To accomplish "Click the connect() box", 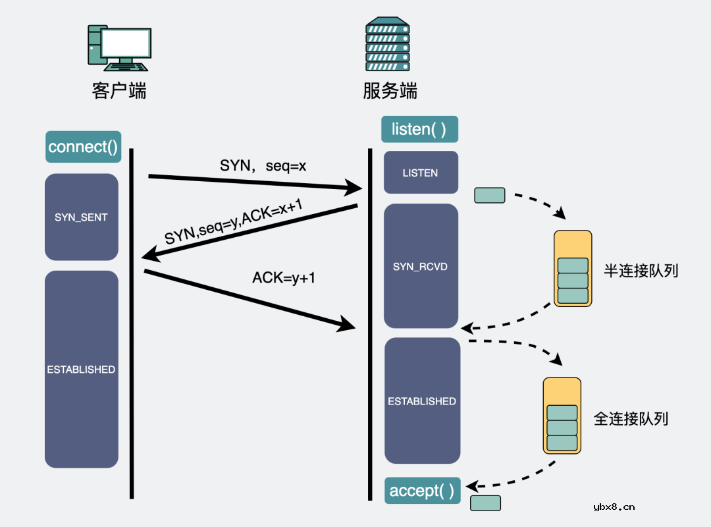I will [x=83, y=147].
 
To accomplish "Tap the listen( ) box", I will [x=419, y=129].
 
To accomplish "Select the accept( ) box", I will [x=422, y=491].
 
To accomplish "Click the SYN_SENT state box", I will [x=81, y=217].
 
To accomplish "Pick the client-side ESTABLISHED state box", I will [x=81, y=370].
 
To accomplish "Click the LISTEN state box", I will [x=420, y=173].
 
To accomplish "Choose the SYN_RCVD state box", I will [x=420, y=266].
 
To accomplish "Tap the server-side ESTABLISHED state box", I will [x=421, y=401].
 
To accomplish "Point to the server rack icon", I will [x=387, y=45].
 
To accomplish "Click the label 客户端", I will [x=118, y=90].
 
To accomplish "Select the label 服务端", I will [x=390, y=90].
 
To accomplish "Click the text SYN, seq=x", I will [x=263, y=166].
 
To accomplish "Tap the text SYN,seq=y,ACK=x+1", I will [x=234, y=223].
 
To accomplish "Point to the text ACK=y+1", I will [x=284, y=278].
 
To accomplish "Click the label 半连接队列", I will [x=641, y=271].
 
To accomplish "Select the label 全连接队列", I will [x=631, y=418].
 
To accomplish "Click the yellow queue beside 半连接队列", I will [x=572, y=268].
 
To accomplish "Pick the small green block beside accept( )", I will [x=485, y=503].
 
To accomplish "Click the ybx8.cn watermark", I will [x=614, y=507].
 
